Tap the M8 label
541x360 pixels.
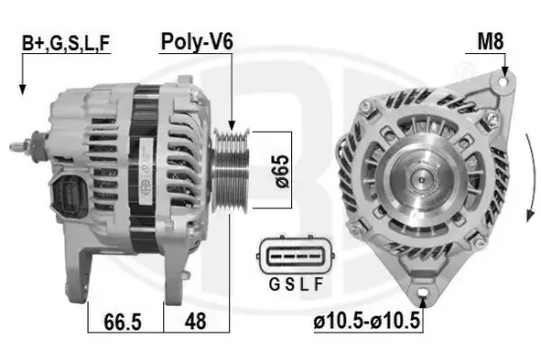[492, 43]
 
